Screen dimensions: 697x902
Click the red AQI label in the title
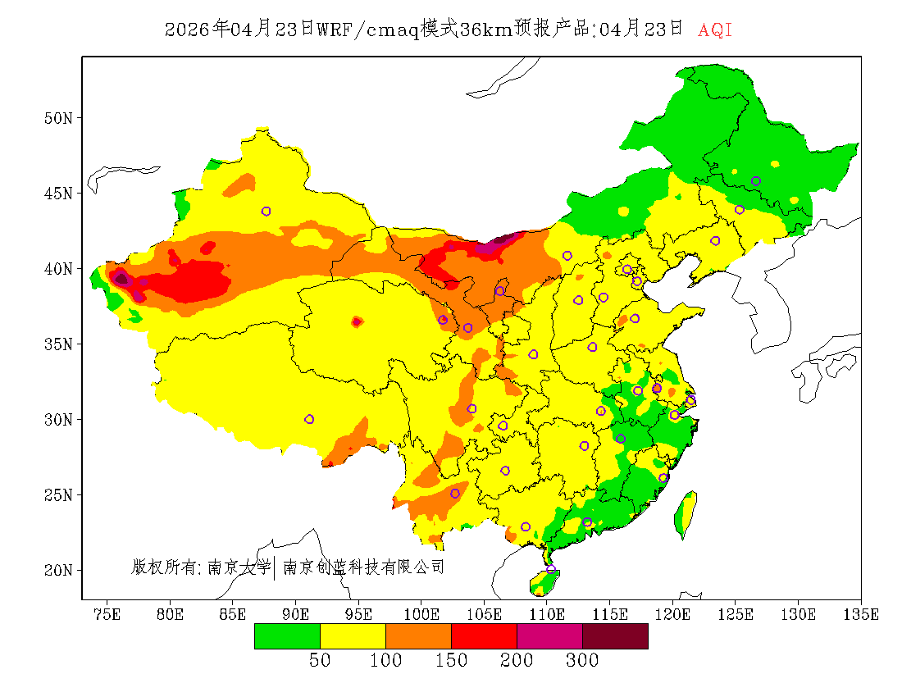click(715, 30)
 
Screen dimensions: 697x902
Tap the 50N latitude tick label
click(58, 118)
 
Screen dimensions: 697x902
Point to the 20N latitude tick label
click(58, 570)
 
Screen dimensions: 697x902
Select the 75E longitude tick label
click(106, 614)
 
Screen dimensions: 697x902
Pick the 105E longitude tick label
click(484, 614)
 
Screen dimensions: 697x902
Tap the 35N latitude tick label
click(58, 344)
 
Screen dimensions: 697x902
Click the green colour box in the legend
click(287, 635)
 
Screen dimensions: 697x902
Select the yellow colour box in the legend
click(353, 635)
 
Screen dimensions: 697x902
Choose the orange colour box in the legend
click(418, 635)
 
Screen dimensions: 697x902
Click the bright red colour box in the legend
click(484, 635)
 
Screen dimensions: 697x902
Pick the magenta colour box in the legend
click(549, 635)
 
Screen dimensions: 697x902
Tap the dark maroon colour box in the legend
click(615, 635)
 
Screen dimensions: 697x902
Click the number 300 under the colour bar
click(582, 661)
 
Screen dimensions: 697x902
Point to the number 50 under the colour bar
click(320, 661)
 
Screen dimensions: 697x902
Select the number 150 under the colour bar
click(451, 661)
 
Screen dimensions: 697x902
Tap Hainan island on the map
click(544, 581)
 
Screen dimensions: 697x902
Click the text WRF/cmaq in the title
click(367, 30)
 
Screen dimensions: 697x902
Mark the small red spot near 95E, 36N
click(357, 322)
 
